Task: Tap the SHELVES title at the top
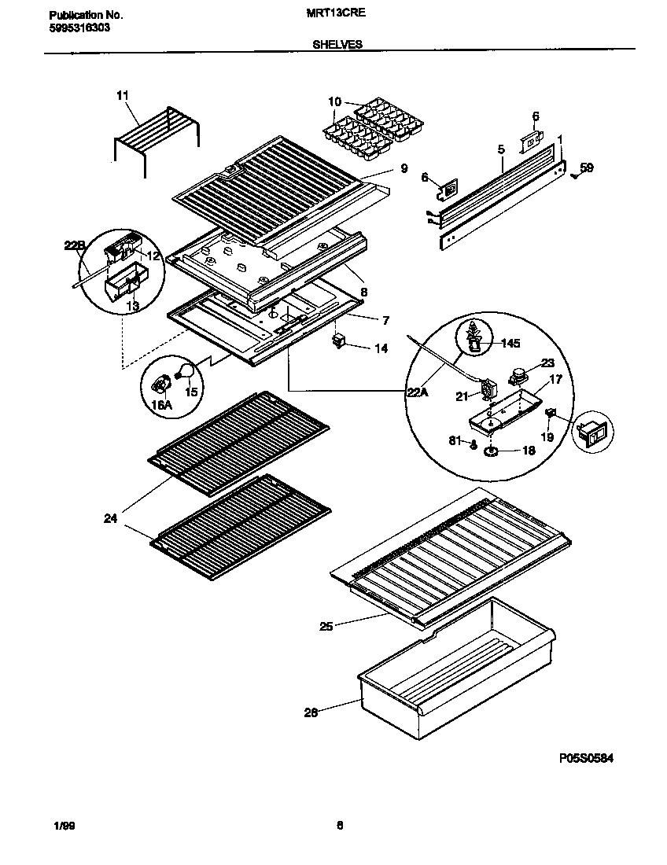click(x=337, y=45)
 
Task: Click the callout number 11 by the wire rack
click(x=121, y=96)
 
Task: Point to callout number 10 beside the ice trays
click(x=334, y=101)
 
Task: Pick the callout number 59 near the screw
click(x=587, y=167)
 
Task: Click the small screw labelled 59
click(x=574, y=175)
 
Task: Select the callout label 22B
click(x=73, y=246)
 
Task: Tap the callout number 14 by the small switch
click(x=381, y=348)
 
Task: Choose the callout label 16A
click(x=161, y=404)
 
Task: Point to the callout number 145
click(x=510, y=343)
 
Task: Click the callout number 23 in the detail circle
click(x=547, y=363)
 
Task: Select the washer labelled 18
click(x=492, y=451)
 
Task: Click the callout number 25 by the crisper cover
click(x=325, y=627)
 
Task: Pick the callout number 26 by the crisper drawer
click(x=311, y=713)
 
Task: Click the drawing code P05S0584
click(x=585, y=758)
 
